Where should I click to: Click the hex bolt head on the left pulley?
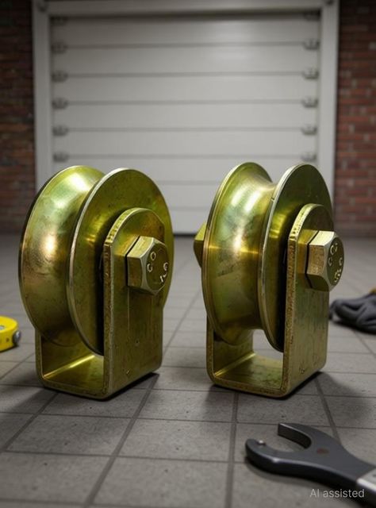pyautogui.click(x=148, y=265)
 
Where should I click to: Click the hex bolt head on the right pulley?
pyautogui.click(x=324, y=260)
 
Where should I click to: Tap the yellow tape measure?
pyautogui.click(x=8, y=333)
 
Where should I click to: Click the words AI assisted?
pyautogui.click(x=337, y=493)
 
